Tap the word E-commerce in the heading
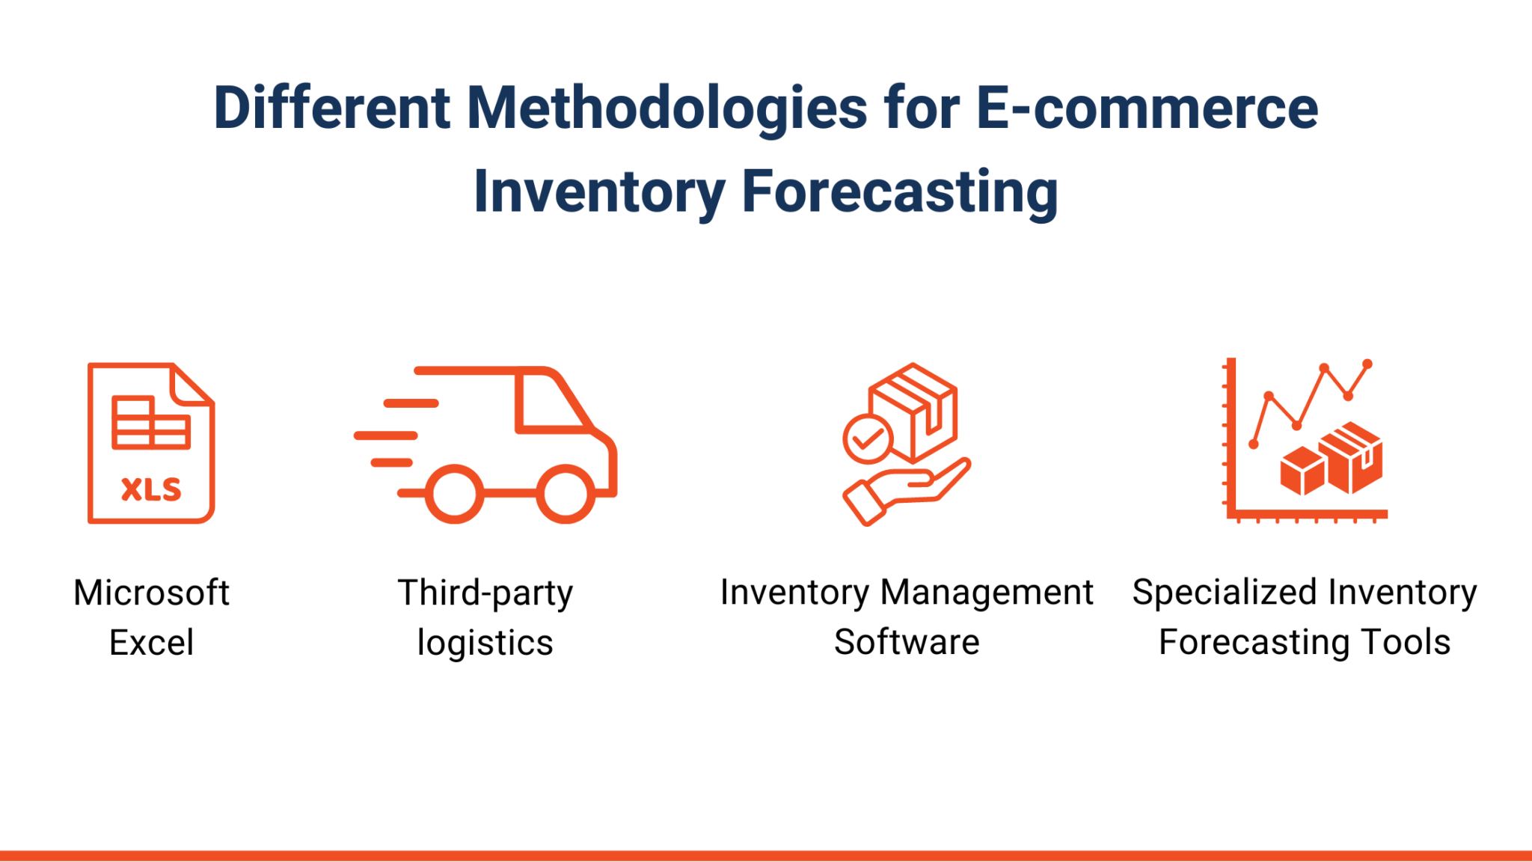click(1146, 108)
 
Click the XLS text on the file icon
click(151, 489)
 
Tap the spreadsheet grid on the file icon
click(150, 423)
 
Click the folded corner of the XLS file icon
click(191, 385)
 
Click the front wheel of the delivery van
click(566, 494)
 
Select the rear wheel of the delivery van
click(454, 494)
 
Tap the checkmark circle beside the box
click(867, 439)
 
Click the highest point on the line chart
click(1367, 364)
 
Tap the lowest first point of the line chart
click(1254, 444)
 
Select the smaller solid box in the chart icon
click(1302, 471)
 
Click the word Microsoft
click(151, 593)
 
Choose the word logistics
click(485, 643)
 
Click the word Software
click(906, 642)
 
